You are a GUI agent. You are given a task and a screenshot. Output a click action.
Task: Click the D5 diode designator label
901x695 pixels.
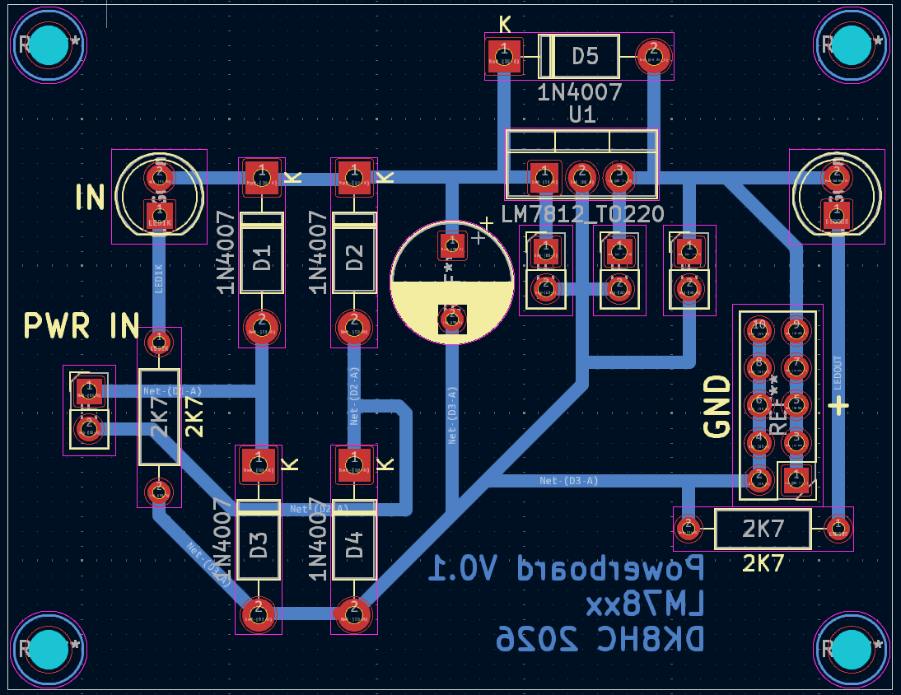[585, 56]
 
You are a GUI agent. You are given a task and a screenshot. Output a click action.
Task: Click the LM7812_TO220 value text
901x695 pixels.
[583, 215]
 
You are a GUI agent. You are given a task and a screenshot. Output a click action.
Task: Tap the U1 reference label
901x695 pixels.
[581, 114]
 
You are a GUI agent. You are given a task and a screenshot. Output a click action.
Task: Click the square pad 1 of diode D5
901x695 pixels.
[503, 56]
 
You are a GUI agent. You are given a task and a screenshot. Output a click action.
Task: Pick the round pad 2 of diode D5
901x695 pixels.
[654, 56]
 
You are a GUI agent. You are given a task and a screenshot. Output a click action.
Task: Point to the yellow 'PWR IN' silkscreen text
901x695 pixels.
[81, 326]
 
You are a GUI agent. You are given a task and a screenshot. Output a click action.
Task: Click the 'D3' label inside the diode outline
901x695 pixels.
[259, 545]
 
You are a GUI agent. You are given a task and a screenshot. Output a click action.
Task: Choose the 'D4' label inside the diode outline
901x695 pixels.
[354, 545]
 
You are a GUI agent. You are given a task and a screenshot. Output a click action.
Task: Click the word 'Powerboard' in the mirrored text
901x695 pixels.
[568, 568]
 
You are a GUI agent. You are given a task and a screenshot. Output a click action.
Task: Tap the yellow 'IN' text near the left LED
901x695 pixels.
[90, 197]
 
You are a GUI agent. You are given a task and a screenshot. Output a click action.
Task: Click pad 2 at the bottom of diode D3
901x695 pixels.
[258, 613]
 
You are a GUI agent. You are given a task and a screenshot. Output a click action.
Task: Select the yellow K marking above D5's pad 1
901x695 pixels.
[505, 25]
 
